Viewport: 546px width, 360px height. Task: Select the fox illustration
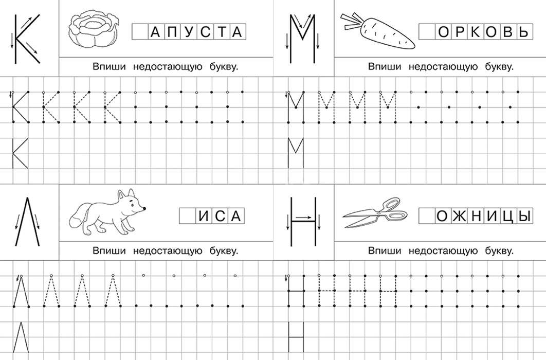(107, 212)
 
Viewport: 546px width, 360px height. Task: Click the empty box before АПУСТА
(140, 32)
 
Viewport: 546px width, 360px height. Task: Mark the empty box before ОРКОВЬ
(427, 32)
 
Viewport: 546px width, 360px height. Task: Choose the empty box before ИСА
(188, 216)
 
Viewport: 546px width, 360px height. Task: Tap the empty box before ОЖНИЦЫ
(427, 216)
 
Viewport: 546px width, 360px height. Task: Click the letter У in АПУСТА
(188, 32)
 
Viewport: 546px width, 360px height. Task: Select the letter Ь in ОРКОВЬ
(523, 32)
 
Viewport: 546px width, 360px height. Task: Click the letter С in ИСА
(220, 216)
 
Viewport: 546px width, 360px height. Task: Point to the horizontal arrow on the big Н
(304, 217)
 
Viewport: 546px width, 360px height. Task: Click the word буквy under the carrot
(499, 66)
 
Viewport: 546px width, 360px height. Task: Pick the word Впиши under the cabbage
(109, 66)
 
